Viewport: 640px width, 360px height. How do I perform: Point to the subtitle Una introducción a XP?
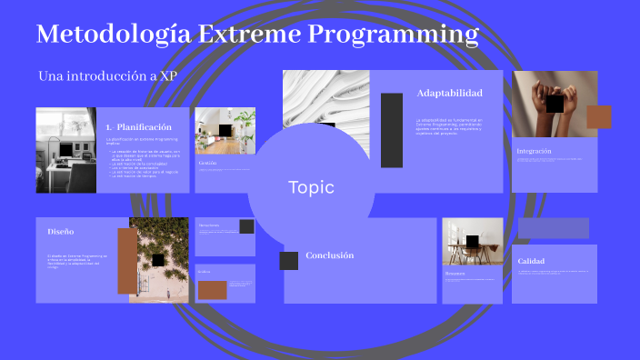pyautogui.click(x=107, y=75)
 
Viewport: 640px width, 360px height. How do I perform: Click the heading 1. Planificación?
pyautogui.click(x=138, y=126)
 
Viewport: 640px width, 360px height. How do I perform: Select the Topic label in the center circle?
pyautogui.click(x=311, y=188)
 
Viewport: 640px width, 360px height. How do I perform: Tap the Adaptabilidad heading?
pyautogui.click(x=449, y=93)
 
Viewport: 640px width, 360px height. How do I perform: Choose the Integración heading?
pyautogui.click(x=534, y=151)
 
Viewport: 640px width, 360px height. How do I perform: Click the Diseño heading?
pyautogui.click(x=61, y=232)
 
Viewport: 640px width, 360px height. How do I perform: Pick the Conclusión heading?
pyautogui.click(x=329, y=255)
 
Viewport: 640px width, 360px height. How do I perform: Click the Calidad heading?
pyautogui.click(x=531, y=261)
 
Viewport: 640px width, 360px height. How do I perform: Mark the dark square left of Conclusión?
pyautogui.click(x=288, y=261)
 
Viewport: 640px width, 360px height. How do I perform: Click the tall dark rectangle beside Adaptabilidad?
pyautogui.click(x=392, y=130)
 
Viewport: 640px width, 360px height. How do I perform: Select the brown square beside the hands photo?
pyautogui.click(x=598, y=117)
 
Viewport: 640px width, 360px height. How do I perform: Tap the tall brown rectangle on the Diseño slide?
pyautogui.click(x=127, y=261)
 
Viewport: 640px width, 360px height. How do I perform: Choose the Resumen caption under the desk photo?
pyautogui.click(x=455, y=273)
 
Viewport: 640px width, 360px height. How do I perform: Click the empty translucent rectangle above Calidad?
pyautogui.click(x=553, y=227)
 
